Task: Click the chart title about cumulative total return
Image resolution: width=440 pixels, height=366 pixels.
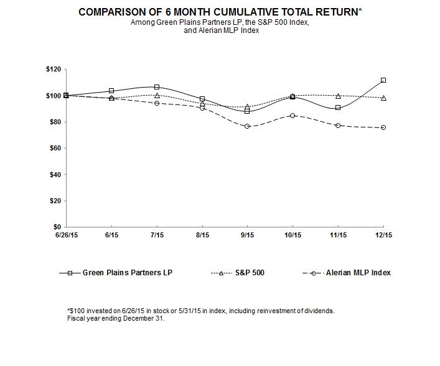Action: point(220,12)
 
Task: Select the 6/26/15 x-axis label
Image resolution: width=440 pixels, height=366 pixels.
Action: point(65,235)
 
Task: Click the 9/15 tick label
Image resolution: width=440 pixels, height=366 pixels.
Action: point(247,235)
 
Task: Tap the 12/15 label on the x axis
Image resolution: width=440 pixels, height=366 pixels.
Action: point(383,235)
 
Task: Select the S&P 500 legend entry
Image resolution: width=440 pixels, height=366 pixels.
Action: point(246,272)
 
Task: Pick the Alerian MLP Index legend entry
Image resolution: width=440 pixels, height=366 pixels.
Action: point(358,272)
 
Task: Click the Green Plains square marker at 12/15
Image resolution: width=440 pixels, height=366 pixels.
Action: point(383,80)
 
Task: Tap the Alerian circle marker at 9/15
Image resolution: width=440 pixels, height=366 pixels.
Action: point(247,126)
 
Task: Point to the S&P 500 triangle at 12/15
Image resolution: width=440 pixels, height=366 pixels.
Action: point(383,98)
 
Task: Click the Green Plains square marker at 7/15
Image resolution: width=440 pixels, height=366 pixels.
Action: point(156,87)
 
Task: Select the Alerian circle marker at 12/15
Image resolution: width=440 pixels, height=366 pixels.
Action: point(383,127)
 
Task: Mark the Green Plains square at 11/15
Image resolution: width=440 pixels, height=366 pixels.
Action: point(338,108)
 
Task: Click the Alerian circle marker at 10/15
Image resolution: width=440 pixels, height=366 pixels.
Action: point(293,116)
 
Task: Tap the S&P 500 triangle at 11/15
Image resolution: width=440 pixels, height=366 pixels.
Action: point(338,96)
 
